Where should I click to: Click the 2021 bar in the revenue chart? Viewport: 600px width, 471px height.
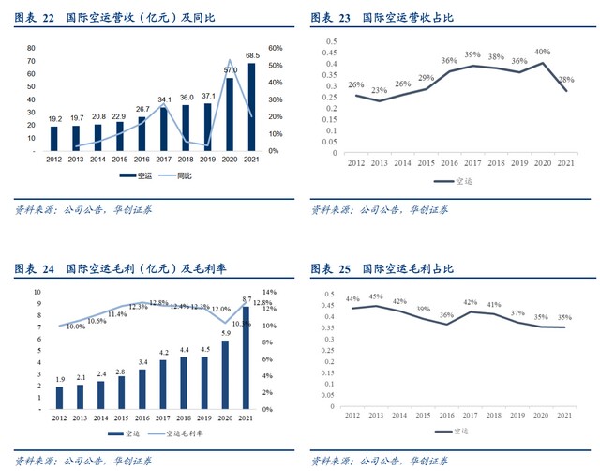point(251,107)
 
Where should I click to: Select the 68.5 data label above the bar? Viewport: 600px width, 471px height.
point(252,56)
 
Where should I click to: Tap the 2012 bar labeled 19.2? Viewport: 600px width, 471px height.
point(54,138)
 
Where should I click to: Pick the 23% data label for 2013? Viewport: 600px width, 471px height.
point(380,90)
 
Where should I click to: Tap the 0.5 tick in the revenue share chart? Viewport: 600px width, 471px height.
point(329,41)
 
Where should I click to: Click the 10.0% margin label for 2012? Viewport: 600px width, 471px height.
point(75,326)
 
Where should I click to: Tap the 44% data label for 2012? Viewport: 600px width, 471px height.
point(352,299)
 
